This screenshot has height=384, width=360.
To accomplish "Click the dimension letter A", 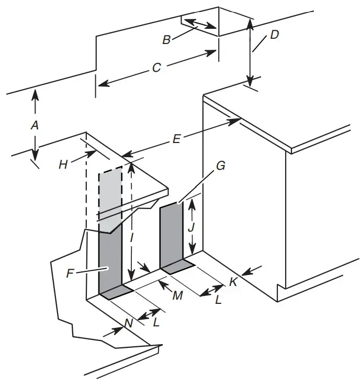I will coord(35,125).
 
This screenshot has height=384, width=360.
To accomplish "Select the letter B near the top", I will coord(166,39).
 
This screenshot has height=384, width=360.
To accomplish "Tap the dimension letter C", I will coord(156,68).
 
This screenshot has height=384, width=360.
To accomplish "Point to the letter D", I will coord(274,35).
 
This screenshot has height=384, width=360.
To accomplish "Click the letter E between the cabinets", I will coord(176,139).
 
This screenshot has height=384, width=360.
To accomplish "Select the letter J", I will coord(192,228).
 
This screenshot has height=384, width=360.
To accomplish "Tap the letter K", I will coord(233,281).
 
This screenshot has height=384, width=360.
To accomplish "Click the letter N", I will coord(127,324).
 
